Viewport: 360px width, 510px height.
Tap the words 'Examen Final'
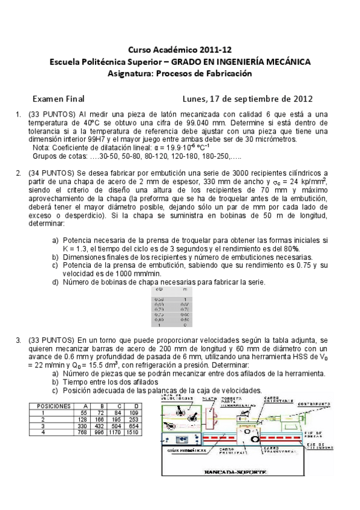[58, 99]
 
